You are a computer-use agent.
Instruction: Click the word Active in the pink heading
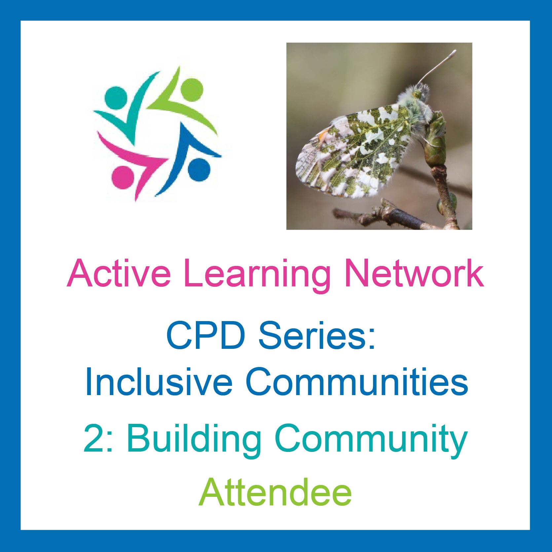click(x=119, y=273)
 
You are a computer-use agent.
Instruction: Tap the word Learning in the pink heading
click(x=257, y=276)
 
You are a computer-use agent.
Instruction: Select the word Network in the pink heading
click(x=414, y=273)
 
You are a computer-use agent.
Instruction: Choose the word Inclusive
click(x=159, y=382)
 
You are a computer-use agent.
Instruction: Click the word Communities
click(x=357, y=382)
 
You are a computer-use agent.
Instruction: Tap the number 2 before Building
click(x=94, y=438)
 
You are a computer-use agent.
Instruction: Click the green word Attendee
click(x=275, y=492)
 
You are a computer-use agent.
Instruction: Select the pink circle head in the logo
click(x=123, y=177)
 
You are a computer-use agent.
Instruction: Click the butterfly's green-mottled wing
click(x=353, y=152)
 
